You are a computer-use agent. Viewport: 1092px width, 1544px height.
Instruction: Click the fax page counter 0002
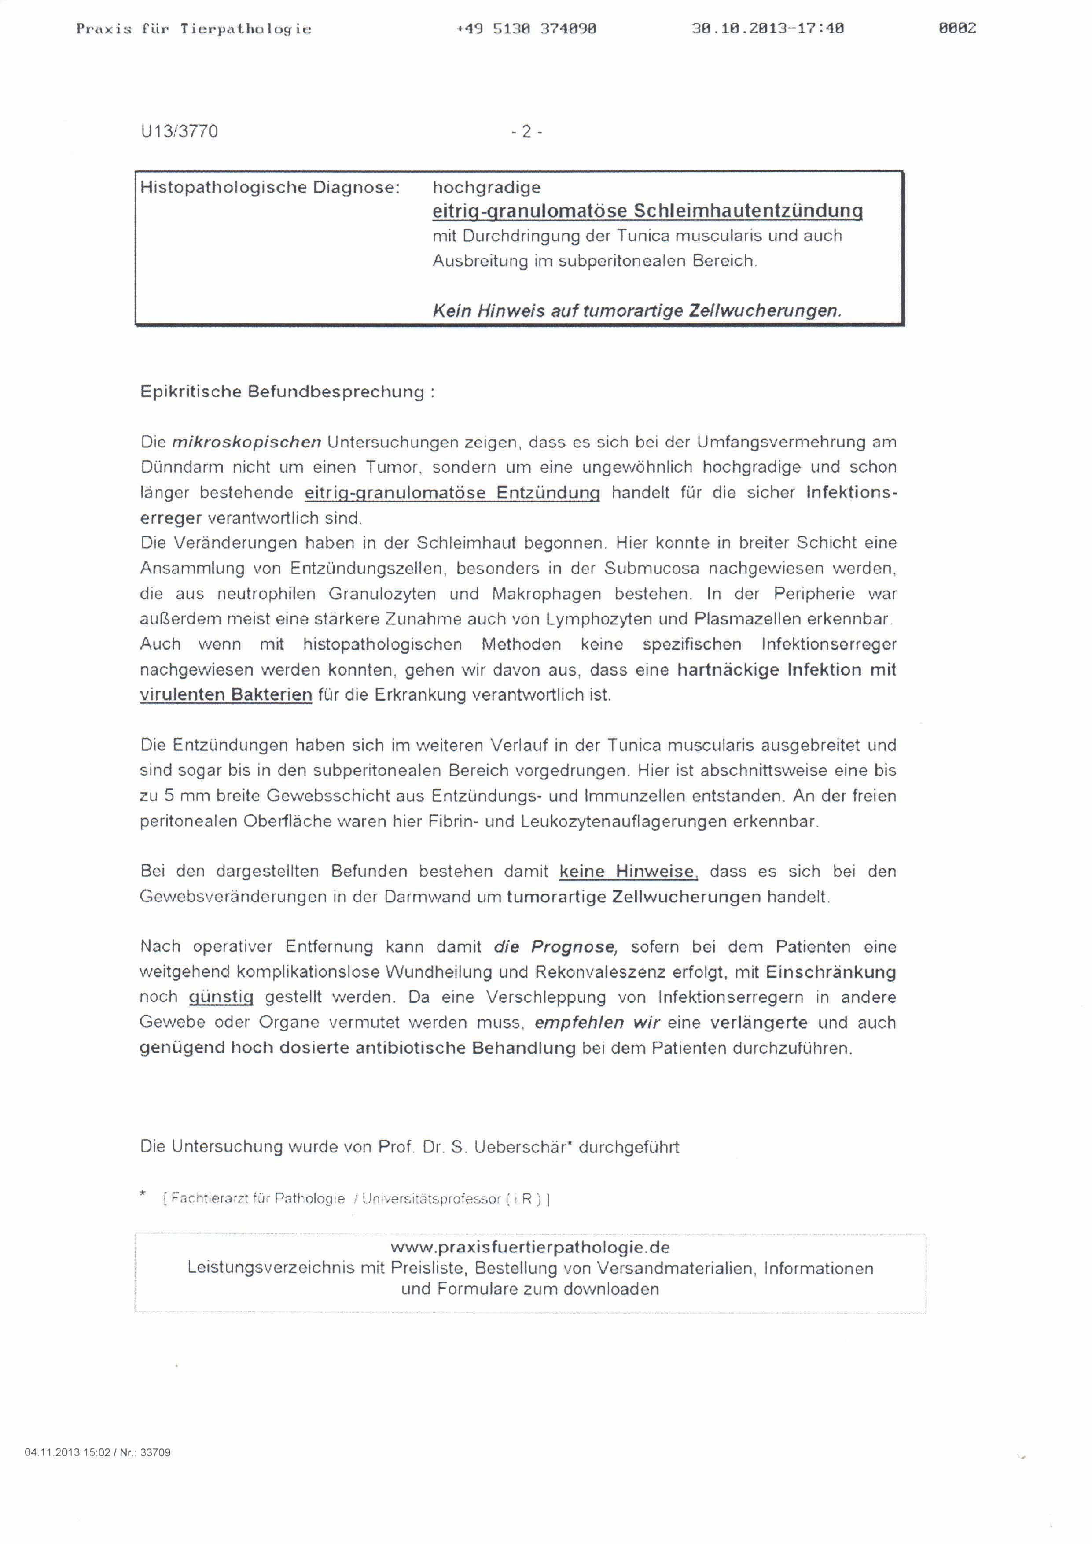[957, 28]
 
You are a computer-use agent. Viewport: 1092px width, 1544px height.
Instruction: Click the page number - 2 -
[526, 132]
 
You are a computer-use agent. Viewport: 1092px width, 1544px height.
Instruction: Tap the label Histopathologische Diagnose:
[270, 187]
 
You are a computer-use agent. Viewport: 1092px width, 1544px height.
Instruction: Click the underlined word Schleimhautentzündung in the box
[748, 211]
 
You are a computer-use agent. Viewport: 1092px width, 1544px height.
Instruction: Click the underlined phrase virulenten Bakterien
[226, 695]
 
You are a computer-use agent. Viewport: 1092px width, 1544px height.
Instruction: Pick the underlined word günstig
[221, 997]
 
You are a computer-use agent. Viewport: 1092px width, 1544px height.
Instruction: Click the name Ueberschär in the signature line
[522, 1147]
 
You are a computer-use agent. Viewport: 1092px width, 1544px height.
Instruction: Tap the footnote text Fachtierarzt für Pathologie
[257, 1198]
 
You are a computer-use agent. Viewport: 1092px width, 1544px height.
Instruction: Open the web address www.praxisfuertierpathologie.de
[530, 1247]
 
